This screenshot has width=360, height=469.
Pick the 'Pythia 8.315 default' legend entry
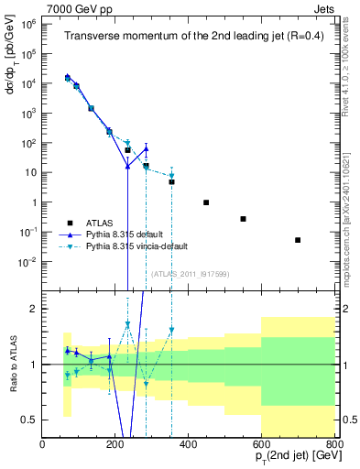[x=125, y=234]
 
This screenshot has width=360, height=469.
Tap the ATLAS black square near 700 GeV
[x=298, y=240]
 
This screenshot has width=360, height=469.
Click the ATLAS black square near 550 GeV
[x=243, y=219]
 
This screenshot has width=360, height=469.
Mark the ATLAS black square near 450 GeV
[x=206, y=202]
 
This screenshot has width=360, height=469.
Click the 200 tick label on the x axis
[x=115, y=444]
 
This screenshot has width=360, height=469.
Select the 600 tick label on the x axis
[x=261, y=444]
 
